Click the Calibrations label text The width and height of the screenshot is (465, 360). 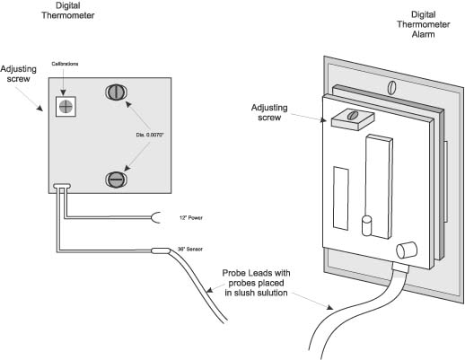tap(65, 64)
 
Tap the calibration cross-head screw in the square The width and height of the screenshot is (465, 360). tap(66, 107)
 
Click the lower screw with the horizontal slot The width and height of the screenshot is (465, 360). tap(116, 180)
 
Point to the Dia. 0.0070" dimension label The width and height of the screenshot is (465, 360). tap(150, 135)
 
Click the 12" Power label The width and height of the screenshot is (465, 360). tap(191, 218)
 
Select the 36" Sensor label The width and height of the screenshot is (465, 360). tap(190, 249)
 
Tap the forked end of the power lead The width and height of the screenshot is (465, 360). tap(156, 217)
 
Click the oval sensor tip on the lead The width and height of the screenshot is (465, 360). tap(161, 250)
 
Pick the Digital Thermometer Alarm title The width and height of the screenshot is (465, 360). tap(423, 24)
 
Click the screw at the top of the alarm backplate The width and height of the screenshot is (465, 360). tap(391, 87)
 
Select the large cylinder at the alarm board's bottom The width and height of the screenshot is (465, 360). tap(407, 250)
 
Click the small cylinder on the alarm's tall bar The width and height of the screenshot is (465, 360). tap(367, 225)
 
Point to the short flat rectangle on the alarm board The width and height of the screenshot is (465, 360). tap(341, 198)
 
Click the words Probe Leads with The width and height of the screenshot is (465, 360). tap(256, 273)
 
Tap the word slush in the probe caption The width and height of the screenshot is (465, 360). tap(246, 293)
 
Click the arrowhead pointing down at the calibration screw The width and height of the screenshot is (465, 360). tap(63, 92)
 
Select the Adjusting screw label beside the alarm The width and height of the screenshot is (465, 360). tap(269, 112)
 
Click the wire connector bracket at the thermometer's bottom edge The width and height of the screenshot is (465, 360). tap(62, 187)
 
